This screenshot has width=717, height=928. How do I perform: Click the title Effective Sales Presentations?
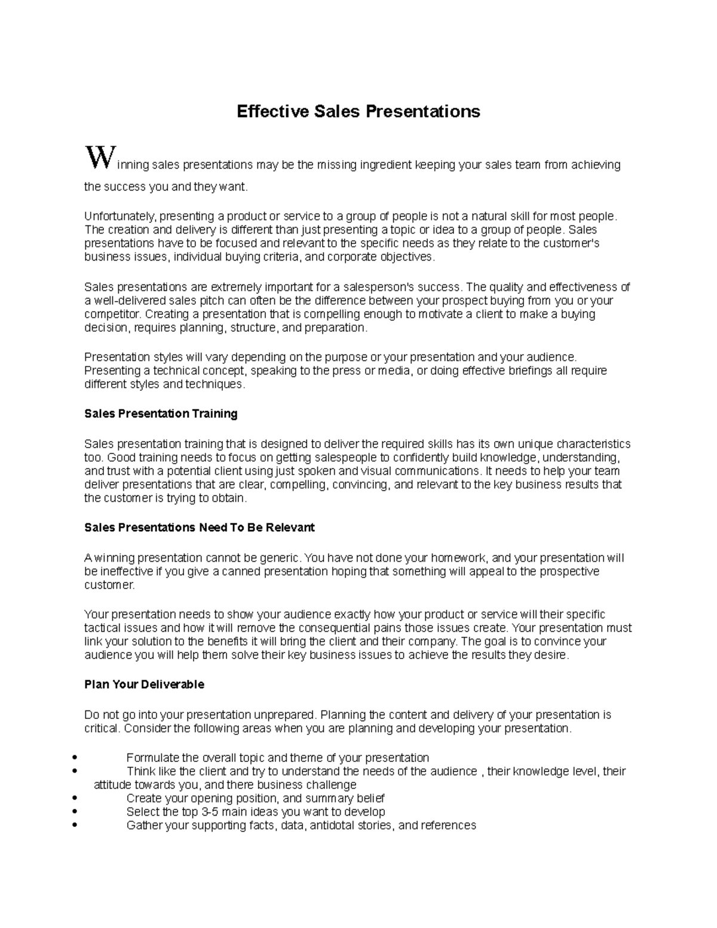pos(358,112)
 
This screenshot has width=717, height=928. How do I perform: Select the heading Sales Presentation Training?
pos(161,414)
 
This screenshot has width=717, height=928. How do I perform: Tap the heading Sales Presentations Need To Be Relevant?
pos(199,528)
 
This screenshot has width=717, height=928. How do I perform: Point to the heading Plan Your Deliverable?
pos(144,684)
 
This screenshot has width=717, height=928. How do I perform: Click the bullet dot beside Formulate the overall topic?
pos(73,758)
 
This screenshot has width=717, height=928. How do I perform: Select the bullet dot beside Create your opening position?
pos(73,798)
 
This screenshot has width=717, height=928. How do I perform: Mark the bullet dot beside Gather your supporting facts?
pos(73,825)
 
